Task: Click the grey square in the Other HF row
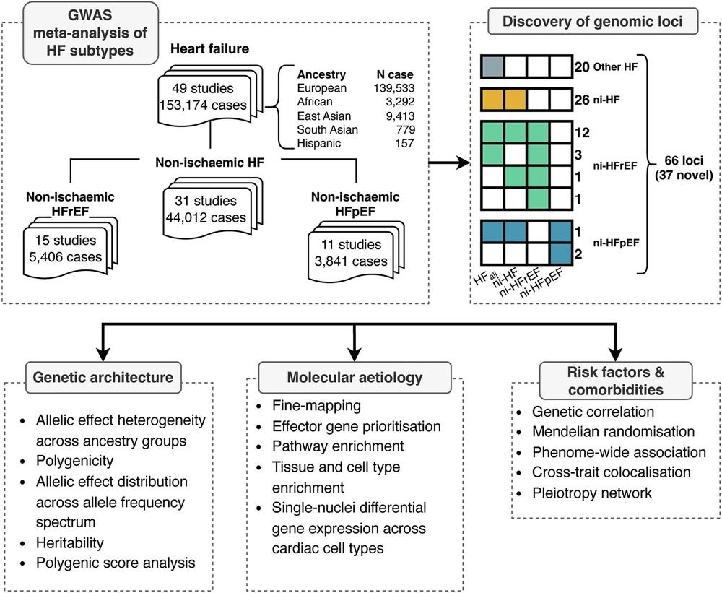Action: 492,66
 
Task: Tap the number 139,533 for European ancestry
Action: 394,88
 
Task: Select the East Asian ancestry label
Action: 324,116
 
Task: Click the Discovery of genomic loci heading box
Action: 593,21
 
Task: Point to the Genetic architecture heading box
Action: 103,377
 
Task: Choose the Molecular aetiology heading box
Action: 355,377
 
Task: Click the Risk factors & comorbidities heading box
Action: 616,381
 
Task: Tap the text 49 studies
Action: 203,88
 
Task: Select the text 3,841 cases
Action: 351,261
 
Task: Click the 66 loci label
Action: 684,160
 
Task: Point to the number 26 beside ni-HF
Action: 582,100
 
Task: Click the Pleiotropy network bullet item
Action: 592,493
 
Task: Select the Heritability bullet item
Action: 70,542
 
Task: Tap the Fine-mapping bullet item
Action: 316,406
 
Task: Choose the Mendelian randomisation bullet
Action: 613,432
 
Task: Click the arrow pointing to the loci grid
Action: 449,163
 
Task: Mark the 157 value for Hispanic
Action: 404,143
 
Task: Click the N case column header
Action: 395,74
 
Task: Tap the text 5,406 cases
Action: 66,257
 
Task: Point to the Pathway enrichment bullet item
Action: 338,446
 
